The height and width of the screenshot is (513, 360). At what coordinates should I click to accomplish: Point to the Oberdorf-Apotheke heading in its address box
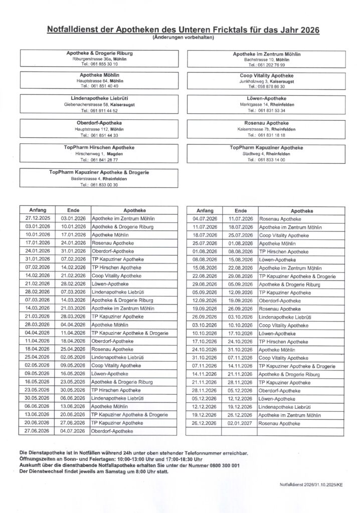click(99, 123)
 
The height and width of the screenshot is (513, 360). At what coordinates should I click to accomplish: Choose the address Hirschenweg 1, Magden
click(99, 154)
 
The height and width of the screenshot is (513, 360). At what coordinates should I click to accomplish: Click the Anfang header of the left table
click(38, 211)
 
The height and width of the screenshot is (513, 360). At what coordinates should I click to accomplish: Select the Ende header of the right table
click(240, 211)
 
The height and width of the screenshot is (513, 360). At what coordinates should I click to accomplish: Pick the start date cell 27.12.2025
click(38, 219)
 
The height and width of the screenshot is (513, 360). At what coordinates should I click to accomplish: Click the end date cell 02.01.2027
click(240, 423)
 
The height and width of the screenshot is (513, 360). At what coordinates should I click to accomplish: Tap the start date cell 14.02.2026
click(38, 276)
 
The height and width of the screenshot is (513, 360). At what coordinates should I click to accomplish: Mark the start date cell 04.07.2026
click(205, 219)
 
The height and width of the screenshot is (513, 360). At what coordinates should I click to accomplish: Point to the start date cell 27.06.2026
click(38, 431)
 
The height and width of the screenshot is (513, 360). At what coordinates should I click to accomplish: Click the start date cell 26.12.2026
click(205, 423)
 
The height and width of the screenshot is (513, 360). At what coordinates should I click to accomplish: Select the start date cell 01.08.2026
click(205, 251)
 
